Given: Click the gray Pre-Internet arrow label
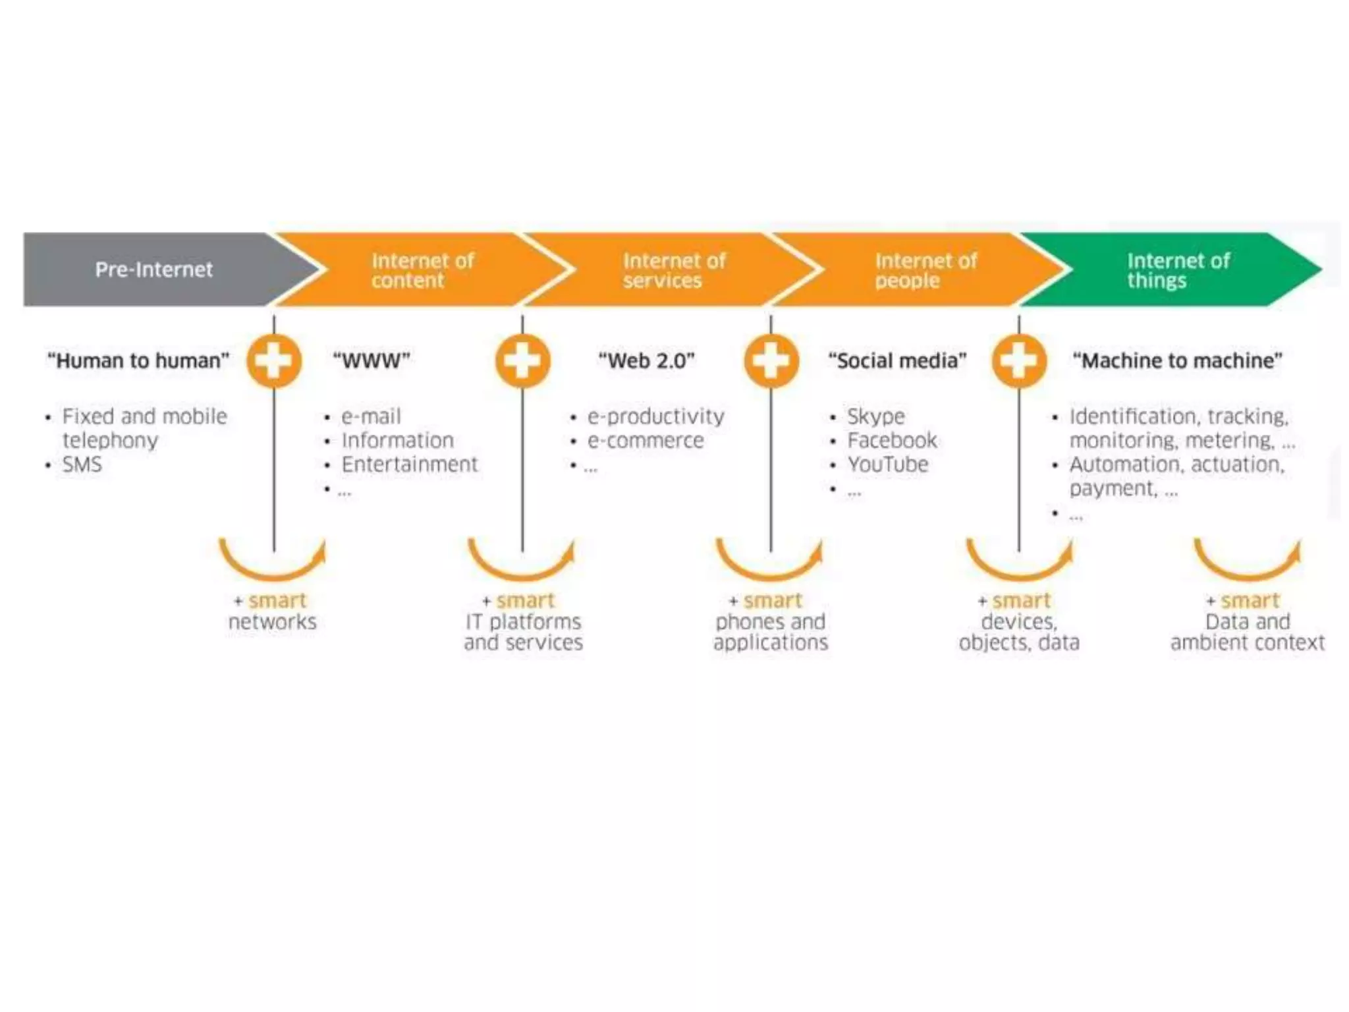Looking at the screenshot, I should tap(153, 269).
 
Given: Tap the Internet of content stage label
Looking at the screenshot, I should tap(422, 270).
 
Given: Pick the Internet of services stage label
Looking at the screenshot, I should tap(674, 270).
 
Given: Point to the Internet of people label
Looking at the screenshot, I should tap(925, 270).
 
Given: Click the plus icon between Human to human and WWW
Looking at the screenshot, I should tap(274, 361).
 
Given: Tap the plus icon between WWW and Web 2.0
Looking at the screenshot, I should tap(522, 361).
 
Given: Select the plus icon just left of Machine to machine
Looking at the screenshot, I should tap(1019, 361).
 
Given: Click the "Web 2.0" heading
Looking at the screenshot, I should tap(646, 361).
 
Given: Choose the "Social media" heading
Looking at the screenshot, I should tap(897, 361).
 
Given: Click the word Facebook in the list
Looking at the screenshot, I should tap(892, 440).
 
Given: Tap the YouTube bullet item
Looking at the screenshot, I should tap(887, 464).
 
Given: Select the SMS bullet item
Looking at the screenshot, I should tap(82, 464).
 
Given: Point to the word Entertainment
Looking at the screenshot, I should tap(409, 464).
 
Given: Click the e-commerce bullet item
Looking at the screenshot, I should tap(646, 440).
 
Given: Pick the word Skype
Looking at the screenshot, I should tap(875, 416).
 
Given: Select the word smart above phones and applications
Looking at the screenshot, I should tap(773, 600).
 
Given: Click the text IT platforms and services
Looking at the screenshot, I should tap(524, 632).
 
